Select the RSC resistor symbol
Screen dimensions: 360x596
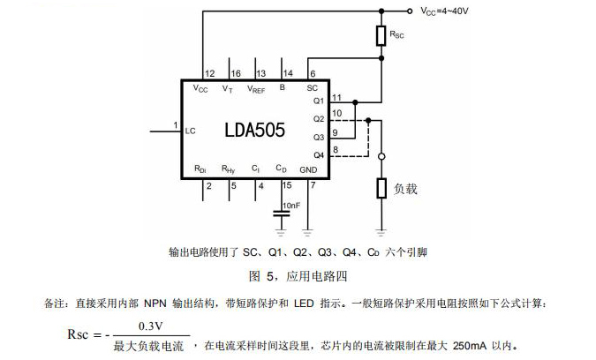click(381, 34)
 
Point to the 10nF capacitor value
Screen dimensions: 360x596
click(292, 205)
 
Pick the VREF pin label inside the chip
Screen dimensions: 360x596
click(257, 88)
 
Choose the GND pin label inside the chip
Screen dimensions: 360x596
click(308, 169)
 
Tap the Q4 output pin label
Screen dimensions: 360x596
click(319, 155)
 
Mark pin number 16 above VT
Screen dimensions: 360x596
click(235, 73)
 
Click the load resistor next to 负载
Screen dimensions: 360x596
click(381, 188)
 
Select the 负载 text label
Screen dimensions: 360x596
click(405, 188)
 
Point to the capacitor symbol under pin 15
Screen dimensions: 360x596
click(283, 214)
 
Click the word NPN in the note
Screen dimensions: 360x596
click(158, 304)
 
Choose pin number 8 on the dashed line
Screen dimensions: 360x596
click(336, 149)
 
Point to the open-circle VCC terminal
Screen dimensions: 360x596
click(411, 11)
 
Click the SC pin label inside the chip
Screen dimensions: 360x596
click(311, 88)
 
